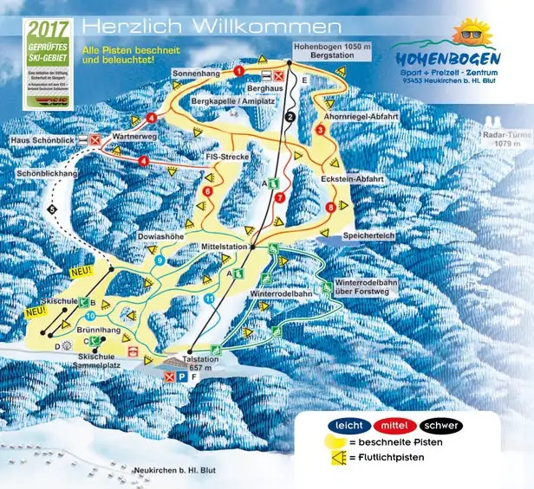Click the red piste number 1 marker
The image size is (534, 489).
(238, 70)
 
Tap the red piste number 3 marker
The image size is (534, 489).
(320, 130)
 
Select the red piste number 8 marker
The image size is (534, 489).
(330, 207)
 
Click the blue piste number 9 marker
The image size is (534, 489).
(159, 260)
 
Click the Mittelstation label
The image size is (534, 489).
(225, 246)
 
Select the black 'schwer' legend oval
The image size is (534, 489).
(440, 426)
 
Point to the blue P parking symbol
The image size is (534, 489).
(182, 377)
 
